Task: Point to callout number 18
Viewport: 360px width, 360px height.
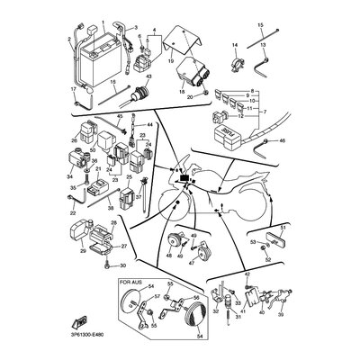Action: coord(182,92)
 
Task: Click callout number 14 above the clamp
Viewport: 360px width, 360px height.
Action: coord(235,45)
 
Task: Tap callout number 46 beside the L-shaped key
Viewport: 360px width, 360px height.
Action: coord(283,142)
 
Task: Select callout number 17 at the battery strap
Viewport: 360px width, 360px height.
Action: coord(75,90)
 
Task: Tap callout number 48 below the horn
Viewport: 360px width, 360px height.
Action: coord(167,256)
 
